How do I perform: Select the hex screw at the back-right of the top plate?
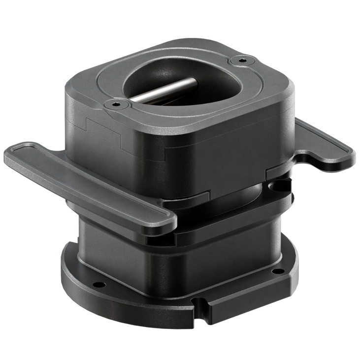click(241, 61)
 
